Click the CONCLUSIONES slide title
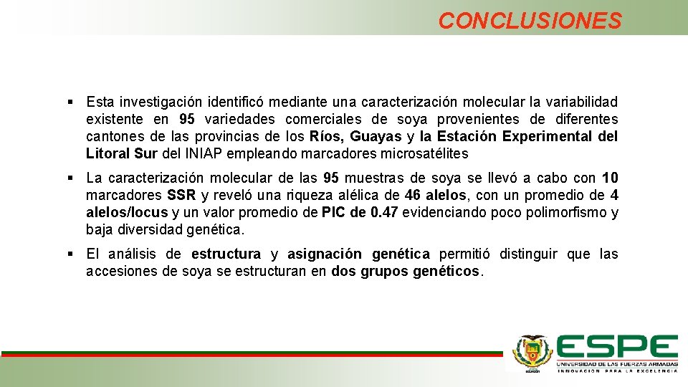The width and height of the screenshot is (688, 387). (x=530, y=21)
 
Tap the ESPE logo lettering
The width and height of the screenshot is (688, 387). (x=617, y=348)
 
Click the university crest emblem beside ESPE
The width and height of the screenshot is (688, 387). (x=532, y=352)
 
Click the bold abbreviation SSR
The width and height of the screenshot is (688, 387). (x=181, y=196)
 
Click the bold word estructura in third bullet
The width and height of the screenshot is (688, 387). (x=226, y=254)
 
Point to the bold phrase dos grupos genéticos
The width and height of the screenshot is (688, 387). (x=407, y=272)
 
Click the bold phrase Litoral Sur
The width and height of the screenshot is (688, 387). (x=117, y=153)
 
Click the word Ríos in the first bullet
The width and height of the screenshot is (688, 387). (x=325, y=136)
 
